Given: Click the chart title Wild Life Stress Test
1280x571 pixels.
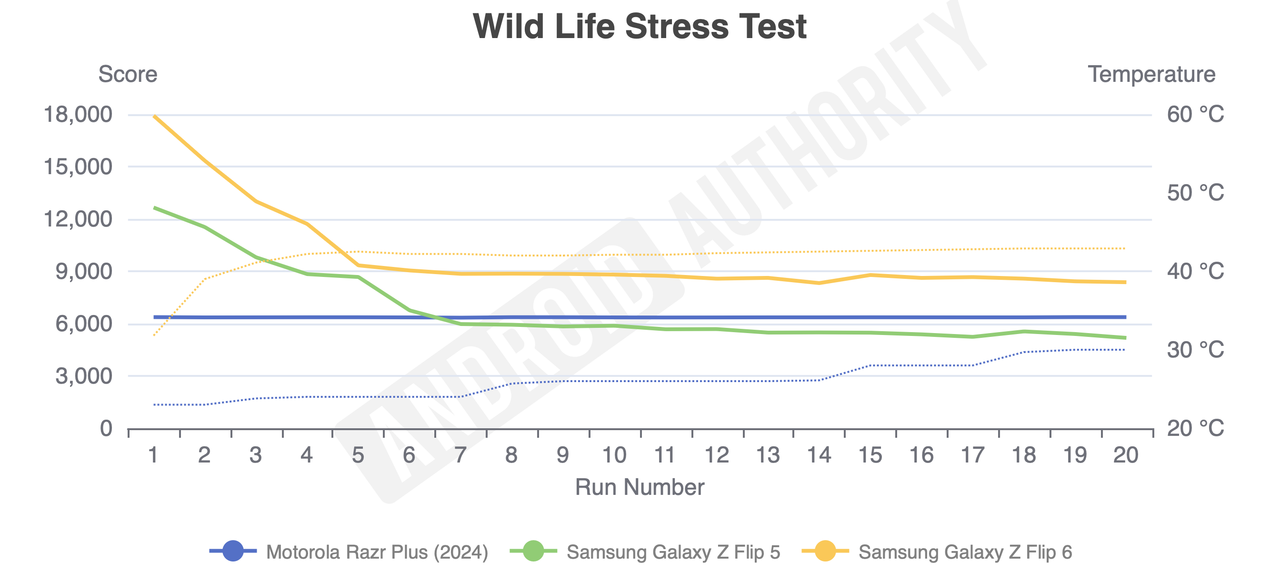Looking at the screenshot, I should pos(640,26).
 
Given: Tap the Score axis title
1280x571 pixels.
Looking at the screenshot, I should pos(128,75).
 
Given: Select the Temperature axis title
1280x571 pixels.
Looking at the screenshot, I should pos(1151,75).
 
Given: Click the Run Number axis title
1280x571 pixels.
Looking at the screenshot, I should pos(640,487).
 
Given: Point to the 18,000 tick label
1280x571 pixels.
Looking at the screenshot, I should pos(78,115).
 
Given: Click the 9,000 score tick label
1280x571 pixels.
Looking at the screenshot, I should pos(83,272).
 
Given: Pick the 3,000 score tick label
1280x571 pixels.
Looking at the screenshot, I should pos(83,376).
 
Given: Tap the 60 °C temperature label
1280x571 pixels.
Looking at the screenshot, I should pos(1195,115).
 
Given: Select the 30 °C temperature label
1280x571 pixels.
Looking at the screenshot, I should pos(1195,350).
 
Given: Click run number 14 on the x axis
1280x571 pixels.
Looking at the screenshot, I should pos(819,455).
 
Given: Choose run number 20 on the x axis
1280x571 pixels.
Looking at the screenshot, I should pos(1125,455).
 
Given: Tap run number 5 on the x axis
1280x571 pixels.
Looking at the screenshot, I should pos(358,455).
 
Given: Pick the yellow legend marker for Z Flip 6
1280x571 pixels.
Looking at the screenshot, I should pos(825,551).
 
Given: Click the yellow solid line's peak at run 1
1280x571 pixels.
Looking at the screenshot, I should pos(155,116).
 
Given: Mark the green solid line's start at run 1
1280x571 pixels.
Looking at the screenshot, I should pos(155,207).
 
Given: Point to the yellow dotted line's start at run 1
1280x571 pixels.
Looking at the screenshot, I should pos(155,335).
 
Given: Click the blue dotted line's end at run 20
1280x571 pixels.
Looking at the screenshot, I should pos(1124,350).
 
